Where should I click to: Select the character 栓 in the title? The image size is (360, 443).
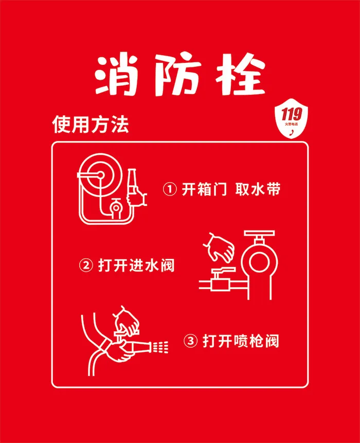click(x=241, y=75)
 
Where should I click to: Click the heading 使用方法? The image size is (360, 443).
click(x=91, y=125)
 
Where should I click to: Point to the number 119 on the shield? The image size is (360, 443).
click(x=291, y=114)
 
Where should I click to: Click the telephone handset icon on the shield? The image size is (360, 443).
click(x=292, y=132)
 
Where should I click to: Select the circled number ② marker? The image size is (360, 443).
click(x=86, y=265)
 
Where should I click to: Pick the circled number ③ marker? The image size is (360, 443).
click(x=191, y=341)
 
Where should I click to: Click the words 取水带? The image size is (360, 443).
click(x=258, y=189)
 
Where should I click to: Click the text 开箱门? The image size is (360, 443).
click(x=204, y=189)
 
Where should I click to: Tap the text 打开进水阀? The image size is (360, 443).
click(x=136, y=265)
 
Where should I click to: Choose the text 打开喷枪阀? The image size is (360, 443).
click(x=241, y=341)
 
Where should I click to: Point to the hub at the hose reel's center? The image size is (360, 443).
click(x=100, y=175)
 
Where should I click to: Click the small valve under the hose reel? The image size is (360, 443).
click(x=116, y=208)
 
